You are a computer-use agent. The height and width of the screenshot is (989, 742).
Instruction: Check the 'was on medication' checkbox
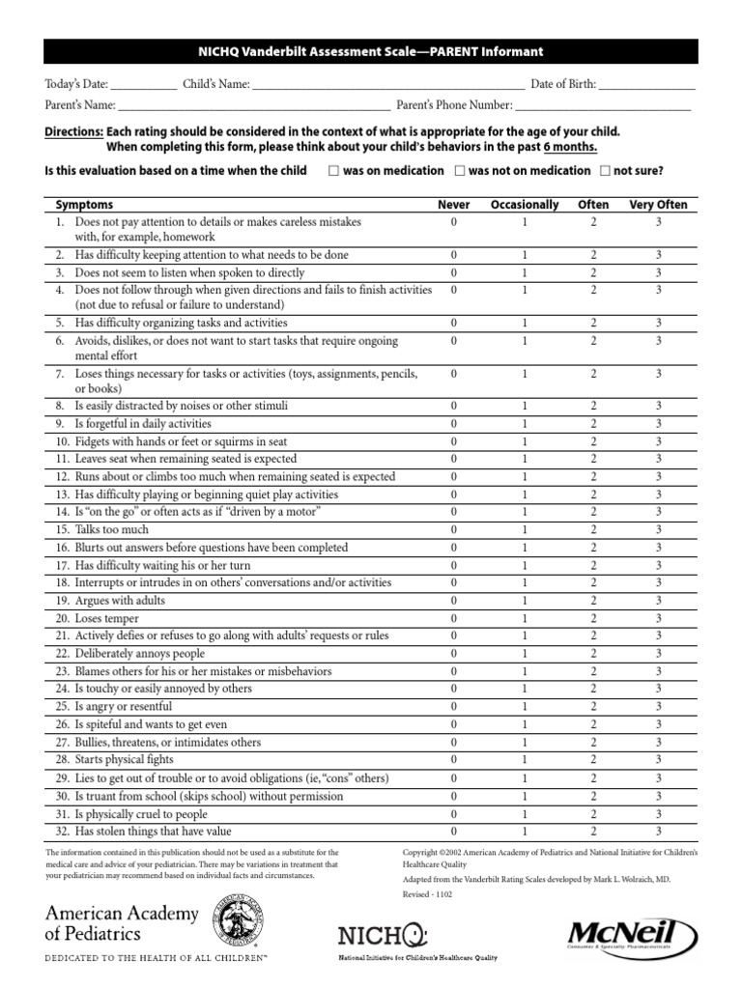pos(333,171)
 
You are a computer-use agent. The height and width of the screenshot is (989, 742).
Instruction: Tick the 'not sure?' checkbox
pos(605,171)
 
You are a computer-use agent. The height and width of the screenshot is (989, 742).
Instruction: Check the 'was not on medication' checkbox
pos(460,171)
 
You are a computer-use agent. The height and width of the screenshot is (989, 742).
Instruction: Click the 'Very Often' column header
pos(658,205)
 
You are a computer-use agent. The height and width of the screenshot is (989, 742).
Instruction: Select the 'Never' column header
pos(454,205)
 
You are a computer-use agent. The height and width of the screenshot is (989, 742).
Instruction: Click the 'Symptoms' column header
pos(84,205)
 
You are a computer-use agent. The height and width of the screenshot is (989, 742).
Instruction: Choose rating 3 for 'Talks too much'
pos(658,530)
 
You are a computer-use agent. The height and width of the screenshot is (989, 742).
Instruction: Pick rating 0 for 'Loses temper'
pos(454,618)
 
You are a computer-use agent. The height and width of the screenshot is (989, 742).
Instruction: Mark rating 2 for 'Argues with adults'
pos(593,601)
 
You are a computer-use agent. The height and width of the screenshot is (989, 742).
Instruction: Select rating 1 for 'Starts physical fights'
pos(525,760)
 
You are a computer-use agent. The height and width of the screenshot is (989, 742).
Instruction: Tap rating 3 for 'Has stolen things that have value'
pos(658,832)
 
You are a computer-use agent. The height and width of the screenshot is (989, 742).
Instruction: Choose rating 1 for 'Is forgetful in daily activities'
pos(525,424)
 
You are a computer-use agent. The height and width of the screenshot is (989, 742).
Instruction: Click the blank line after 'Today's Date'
pos(144,85)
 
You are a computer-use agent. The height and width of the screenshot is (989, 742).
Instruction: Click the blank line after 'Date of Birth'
pos(646,85)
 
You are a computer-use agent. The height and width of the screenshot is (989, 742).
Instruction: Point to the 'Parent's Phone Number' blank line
pos(603,105)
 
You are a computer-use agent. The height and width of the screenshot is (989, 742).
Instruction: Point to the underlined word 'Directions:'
pos(74,131)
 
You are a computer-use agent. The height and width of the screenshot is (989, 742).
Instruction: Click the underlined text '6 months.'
pos(569,147)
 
